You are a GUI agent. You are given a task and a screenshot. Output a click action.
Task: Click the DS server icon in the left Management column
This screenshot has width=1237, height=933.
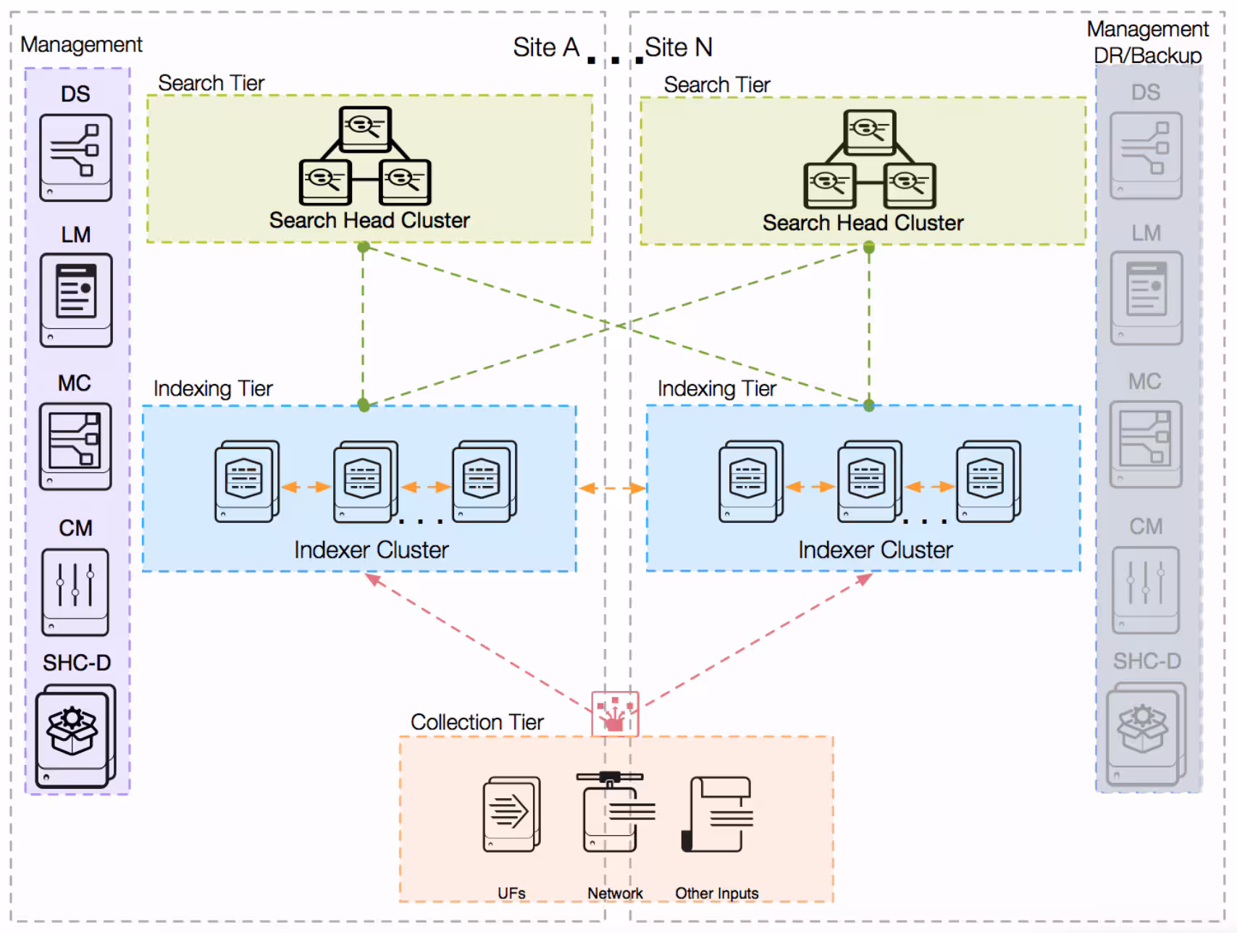(76, 157)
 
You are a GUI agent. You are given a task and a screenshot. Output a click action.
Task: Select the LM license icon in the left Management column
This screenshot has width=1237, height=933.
(76, 299)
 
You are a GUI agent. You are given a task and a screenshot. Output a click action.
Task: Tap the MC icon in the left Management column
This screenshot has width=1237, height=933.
(75, 446)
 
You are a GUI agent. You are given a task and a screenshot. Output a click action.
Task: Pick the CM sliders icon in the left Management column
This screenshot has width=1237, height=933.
(75, 592)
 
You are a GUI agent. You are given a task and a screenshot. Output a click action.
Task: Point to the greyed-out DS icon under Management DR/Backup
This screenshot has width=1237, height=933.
(1146, 156)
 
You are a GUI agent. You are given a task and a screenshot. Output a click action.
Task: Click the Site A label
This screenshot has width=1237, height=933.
(546, 48)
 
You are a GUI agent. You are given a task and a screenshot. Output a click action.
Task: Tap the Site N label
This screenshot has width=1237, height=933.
(679, 48)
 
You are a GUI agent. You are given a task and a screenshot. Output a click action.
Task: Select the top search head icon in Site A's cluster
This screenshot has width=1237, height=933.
(365, 129)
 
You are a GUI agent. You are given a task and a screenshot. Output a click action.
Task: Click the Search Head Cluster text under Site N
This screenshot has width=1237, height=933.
(863, 223)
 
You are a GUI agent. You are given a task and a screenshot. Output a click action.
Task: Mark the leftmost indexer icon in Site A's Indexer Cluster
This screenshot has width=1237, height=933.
(246, 481)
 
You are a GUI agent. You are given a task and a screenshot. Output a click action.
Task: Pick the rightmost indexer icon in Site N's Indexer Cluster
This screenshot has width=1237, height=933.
(988, 481)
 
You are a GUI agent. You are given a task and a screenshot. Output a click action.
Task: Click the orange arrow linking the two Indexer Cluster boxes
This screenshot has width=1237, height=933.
(612, 488)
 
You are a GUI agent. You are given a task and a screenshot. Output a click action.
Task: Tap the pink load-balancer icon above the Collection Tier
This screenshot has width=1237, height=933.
(615, 714)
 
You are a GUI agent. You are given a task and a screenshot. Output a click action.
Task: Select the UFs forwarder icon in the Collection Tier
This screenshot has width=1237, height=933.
(511, 813)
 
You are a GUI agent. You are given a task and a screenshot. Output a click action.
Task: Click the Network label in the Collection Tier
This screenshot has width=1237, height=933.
(615, 893)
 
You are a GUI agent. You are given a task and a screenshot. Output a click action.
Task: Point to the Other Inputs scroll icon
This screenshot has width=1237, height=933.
(717, 814)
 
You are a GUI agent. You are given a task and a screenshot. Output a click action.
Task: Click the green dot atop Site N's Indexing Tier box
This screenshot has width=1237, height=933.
(869, 406)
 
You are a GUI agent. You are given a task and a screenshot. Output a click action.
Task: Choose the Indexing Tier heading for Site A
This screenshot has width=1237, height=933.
(212, 389)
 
